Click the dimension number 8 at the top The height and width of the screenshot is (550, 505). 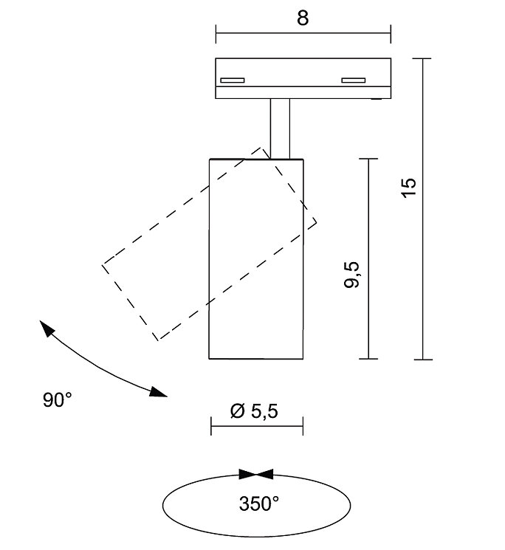pos(303,18)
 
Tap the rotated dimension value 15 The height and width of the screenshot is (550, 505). pos(409,188)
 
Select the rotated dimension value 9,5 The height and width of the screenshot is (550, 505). pos(351,275)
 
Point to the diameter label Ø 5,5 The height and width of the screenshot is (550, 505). pos(254,410)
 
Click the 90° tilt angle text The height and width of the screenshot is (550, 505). pos(57,399)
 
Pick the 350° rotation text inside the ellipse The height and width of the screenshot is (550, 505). pos(259,503)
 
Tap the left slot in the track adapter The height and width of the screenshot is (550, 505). pos(232,80)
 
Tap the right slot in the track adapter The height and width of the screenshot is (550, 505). pos(354,80)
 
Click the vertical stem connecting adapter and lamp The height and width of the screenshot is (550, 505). pos(280,128)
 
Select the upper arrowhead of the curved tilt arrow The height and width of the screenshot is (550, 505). pos(47,328)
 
